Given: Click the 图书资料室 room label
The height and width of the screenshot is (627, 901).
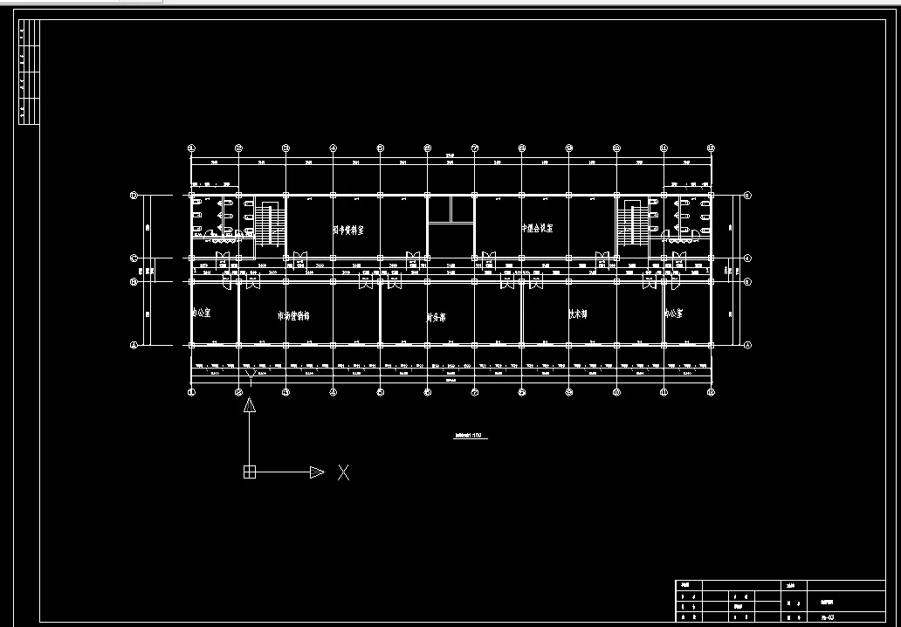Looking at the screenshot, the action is (x=348, y=230).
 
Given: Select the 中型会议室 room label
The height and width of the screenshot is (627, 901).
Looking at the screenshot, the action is (x=537, y=228).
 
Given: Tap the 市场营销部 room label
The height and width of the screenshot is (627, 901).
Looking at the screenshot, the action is (x=293, y=316).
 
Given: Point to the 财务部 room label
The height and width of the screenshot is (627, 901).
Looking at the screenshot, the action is (x=437, y=318).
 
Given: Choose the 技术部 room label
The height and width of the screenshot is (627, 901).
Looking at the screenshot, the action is (x=578, y=314).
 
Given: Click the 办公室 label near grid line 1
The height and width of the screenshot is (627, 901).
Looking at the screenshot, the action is (x=202, y=312).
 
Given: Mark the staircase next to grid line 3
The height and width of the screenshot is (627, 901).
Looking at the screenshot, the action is (x=269, y=224).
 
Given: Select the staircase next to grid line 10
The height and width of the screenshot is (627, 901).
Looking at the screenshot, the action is (x=632, y=223).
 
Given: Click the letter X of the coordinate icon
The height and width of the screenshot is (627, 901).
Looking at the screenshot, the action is (x=344, y=472).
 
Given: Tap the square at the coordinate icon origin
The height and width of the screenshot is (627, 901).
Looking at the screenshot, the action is (x=249, y=472).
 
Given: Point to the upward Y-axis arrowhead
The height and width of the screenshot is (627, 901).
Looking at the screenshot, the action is (x=249, y=405).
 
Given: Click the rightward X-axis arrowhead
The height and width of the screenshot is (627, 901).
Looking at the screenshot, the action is (x=316, y=472).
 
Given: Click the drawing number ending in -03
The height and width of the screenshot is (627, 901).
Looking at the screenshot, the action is (x=827, y=617).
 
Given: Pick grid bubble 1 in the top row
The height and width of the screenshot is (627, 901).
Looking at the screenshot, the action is (x=191, y=148).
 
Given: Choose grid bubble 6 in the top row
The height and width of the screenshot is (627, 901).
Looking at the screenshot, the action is (x=427, y=148).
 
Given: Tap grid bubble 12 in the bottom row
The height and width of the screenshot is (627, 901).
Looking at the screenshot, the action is (x=710, y=393).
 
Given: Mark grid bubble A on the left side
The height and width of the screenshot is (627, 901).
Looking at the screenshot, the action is (x=134, y=346).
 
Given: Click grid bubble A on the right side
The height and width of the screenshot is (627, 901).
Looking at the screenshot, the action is (x=748, y=346).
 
